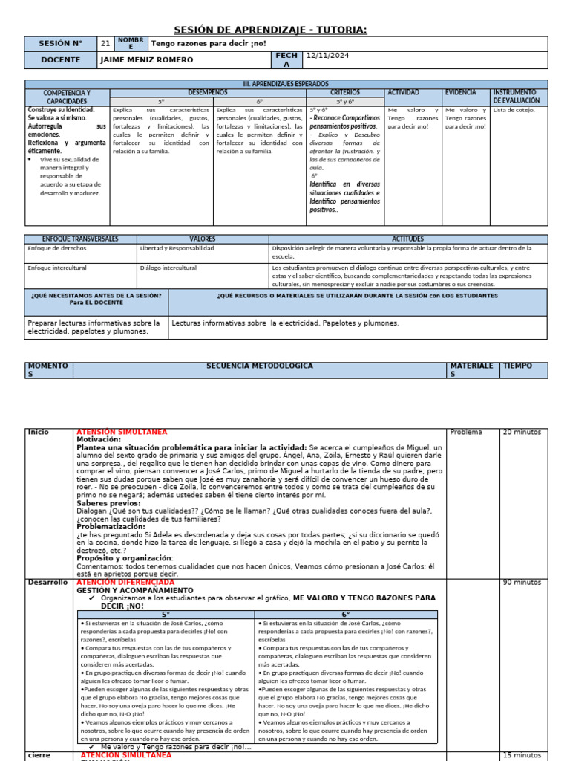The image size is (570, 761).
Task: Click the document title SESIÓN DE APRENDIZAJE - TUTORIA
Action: tap(270, 30)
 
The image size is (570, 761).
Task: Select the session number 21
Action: tap(105, 44)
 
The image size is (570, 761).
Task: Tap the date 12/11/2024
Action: tap(327, 56)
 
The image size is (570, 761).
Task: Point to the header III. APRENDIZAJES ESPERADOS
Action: tap(286, 84)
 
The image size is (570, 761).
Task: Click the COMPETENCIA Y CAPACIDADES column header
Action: tap(67, 97)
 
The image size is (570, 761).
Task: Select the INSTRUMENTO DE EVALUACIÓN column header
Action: tap(519, 97)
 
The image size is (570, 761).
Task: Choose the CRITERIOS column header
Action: tap(345, 92)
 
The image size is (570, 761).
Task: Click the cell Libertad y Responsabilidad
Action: tap(177, 248)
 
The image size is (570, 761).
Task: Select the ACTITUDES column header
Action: tap(407, 239)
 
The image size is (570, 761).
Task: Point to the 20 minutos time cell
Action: tap(522, 432)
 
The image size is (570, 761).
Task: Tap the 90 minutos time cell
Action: tap(522, 583)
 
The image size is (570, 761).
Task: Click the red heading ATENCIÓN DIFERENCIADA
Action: tap(125, 583)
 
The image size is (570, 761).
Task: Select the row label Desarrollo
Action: tap(47, 583)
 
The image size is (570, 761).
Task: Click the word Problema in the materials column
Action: tap(466, 432)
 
